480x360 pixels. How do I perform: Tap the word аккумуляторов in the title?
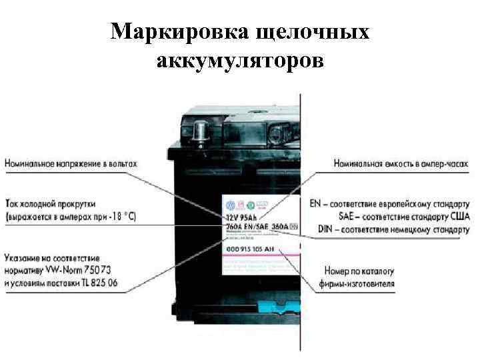click(x=240, y=61)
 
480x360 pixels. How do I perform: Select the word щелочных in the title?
click(x=313, y=31)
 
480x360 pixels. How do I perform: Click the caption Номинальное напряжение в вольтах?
click(x=71, y=163)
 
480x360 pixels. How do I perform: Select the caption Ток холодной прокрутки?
click(x=50, y=203)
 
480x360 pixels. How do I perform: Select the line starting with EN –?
click(x=391, y=203)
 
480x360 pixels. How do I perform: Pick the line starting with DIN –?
click(x=393, y=230)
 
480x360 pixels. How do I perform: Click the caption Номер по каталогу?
click(x=359, y=271)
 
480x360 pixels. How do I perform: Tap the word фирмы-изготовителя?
click(x=359, y=284)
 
